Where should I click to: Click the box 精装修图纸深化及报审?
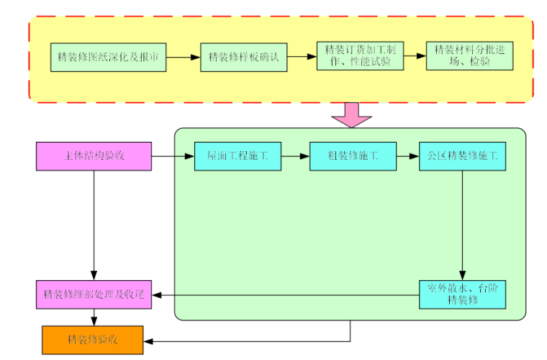pos(108,57)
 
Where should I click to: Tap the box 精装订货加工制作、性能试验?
pos(360,56)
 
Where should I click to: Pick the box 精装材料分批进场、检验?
pos(469,56)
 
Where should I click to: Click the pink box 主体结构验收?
pos(94,156)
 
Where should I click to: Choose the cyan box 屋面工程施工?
pos(238,156)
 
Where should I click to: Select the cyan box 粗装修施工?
pos(353,156)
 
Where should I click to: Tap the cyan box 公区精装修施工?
pos(462,156)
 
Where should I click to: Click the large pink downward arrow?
pos(351,114)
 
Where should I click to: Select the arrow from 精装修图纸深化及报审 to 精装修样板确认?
pos(183,57)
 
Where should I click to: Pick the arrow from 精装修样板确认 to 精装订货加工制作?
pos(302,57)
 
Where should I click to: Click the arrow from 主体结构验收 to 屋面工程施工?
pos(173,156)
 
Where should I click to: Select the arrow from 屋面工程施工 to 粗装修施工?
pos(295,156)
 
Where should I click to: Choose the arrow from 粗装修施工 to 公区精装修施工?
pos(407,156)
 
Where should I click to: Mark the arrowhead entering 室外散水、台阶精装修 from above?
pos(462,275)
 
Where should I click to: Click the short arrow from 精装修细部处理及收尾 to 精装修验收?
pos(94,318)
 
